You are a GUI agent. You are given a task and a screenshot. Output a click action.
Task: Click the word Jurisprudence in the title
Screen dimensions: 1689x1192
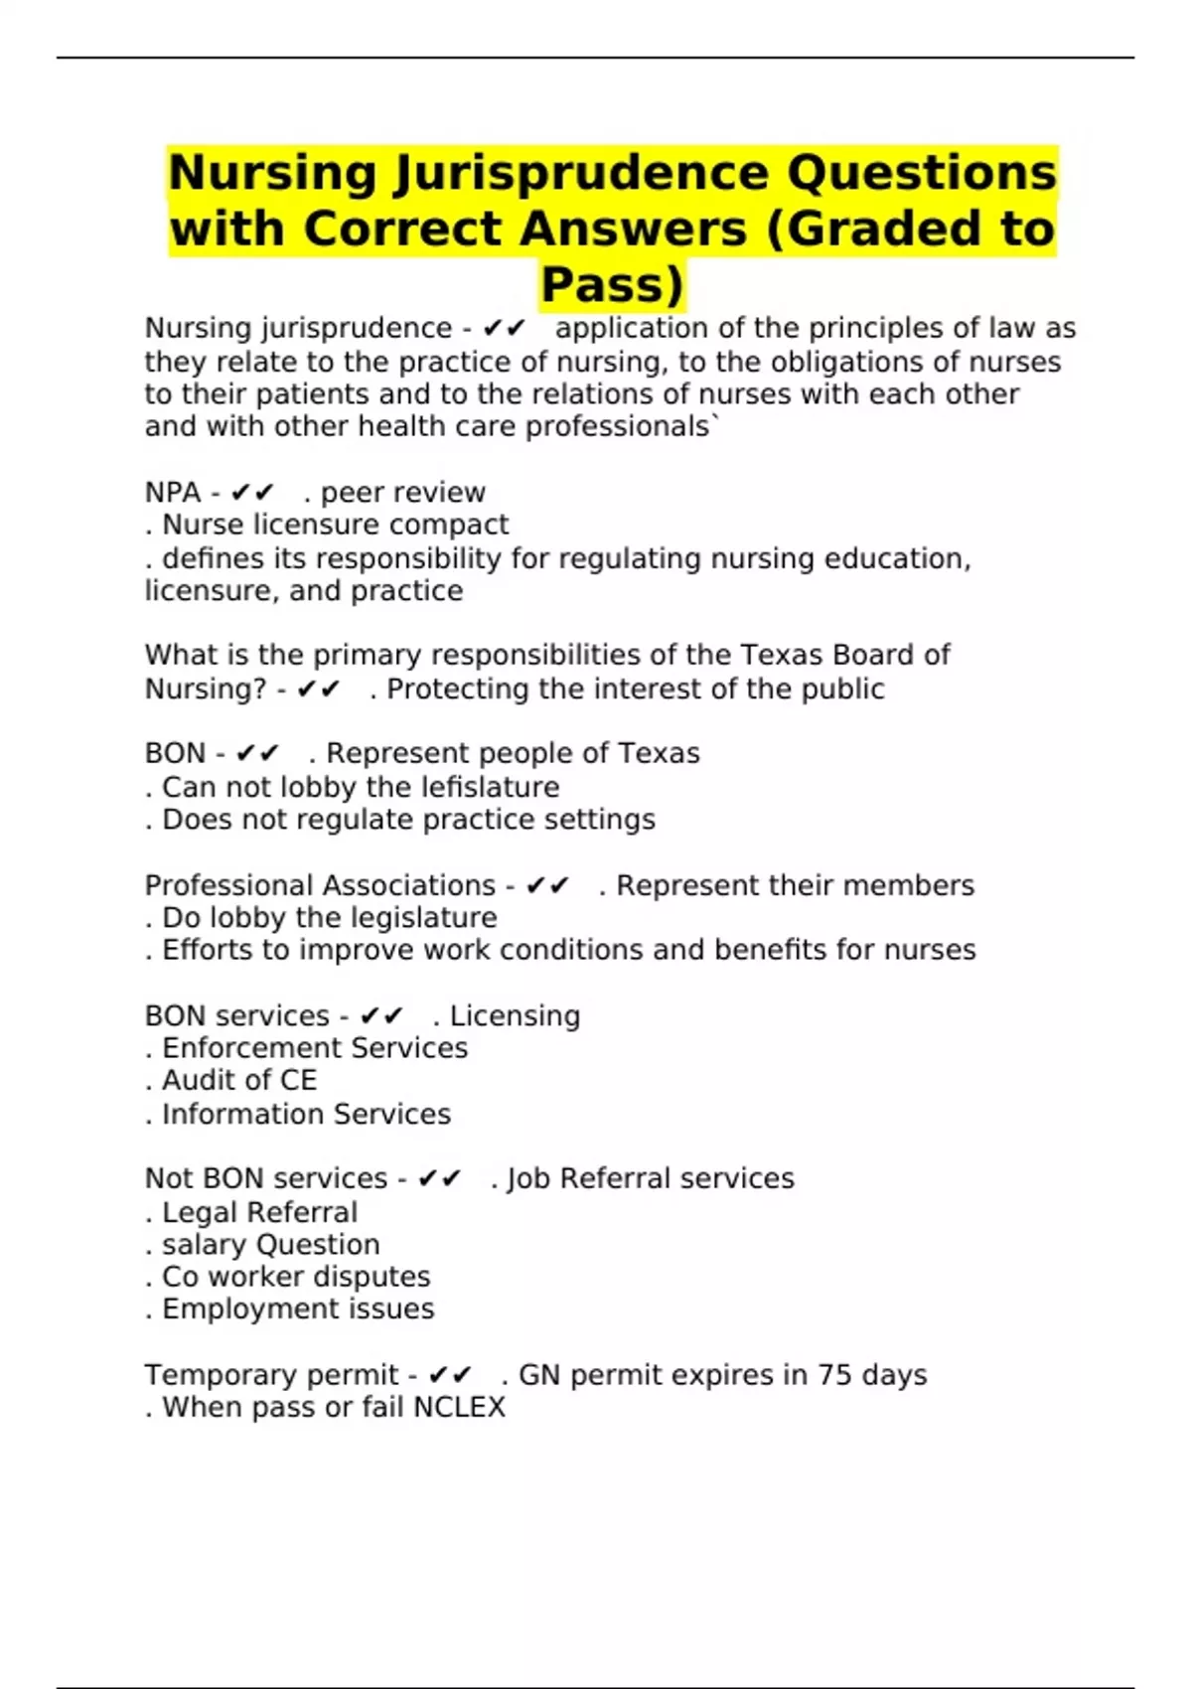point(581,173)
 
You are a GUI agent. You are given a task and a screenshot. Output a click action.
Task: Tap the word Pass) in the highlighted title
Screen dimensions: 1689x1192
point(612,284)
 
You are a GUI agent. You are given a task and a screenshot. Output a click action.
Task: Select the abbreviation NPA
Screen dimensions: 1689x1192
point(173,493)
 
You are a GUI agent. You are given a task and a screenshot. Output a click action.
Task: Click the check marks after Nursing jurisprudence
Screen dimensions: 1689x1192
point(504,329)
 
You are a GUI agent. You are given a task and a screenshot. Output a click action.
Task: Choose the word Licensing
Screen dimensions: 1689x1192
point(515,1015)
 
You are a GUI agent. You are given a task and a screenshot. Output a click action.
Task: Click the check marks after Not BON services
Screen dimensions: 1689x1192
point(439,1179)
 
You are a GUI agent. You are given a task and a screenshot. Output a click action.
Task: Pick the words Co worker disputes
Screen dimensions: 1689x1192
point(296,1277)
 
